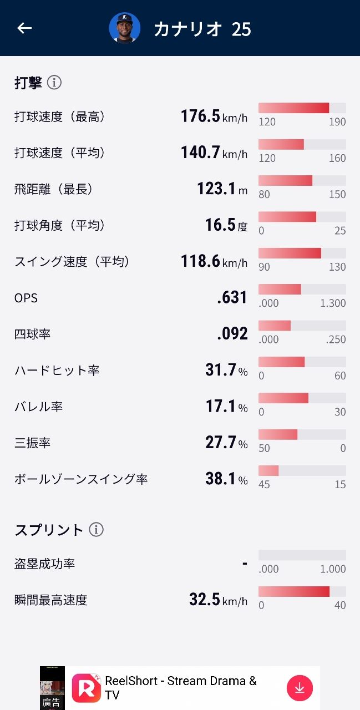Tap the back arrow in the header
24,28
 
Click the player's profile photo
124,28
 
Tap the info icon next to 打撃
54,83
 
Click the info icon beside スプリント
97,530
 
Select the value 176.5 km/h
214,116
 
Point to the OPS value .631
232,298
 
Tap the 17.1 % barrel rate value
226,407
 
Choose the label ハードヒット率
57,371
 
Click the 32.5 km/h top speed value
218,600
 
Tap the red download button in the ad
300,688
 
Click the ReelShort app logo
86,688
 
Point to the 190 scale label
337,122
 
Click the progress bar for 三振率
302,434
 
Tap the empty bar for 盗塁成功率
302,555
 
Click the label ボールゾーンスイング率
81,479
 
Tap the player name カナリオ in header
187,29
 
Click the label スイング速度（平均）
73,262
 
